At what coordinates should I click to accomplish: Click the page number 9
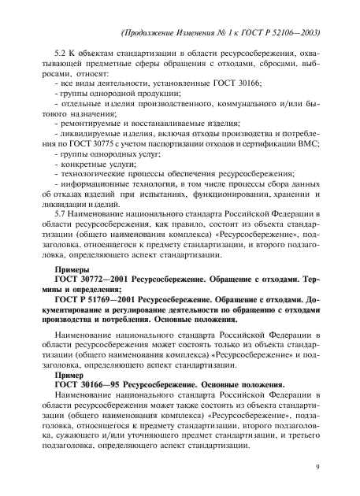[x=316, y=467]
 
